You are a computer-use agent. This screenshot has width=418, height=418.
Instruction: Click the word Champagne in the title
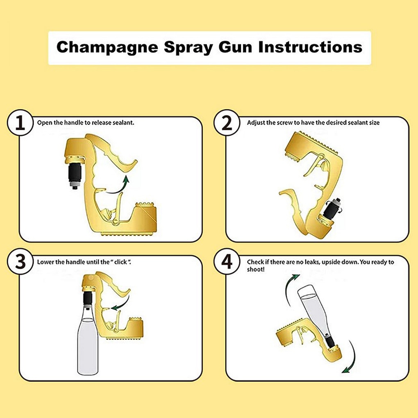(x=107, y=48)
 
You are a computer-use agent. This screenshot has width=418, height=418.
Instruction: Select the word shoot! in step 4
(x=256, y=270)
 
